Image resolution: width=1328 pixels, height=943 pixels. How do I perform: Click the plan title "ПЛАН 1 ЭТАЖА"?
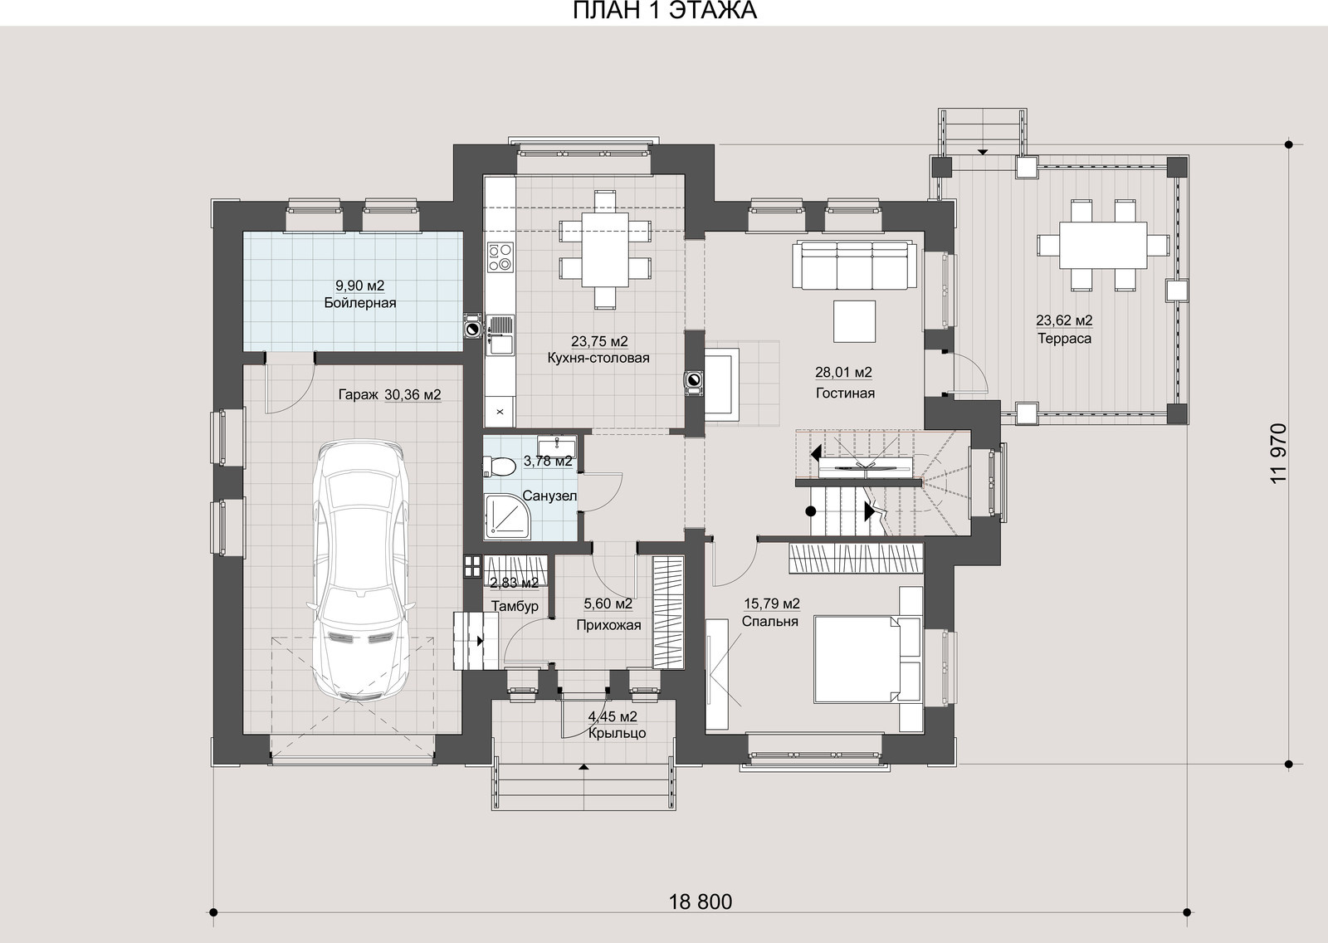[x=664, y=11]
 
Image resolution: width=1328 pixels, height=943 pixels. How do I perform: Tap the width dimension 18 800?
[x=701, y=902]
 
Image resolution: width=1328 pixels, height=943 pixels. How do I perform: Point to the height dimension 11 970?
[x=1279, y=453]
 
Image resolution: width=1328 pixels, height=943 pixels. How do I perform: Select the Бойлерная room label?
[x=360, y=304]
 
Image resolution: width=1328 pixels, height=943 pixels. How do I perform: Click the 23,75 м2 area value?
[x=599, y=342]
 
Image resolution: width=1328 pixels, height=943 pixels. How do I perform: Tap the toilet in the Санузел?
[x=499, y=467]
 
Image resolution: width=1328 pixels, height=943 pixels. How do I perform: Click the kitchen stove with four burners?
[x=500, y=257]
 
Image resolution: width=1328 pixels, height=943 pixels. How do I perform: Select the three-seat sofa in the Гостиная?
[x=854, y=265]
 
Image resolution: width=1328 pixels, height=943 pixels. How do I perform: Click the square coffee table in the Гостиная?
[x=854, y=321]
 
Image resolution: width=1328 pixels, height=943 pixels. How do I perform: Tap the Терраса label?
[x=1064, y=340]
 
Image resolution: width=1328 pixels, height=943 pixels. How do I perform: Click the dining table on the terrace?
[x=1103, y=245]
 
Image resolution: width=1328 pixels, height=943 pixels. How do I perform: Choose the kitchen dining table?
[x=605, y=250]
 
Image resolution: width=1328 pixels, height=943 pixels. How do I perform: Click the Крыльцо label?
[x=618, y=734]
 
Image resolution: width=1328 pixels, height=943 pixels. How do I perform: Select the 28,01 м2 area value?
[x=843, y=373]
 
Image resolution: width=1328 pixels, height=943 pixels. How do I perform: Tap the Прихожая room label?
[x=608, y=625]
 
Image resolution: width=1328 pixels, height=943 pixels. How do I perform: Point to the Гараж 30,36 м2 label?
[x=389, y=395]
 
